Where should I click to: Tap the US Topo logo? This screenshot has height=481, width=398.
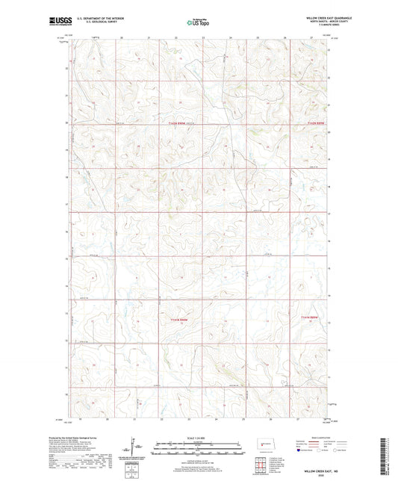pyautogui.click(x=198, y=22)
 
